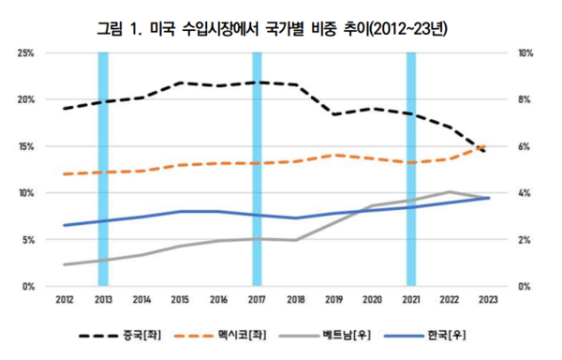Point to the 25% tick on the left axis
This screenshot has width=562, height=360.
(x=27, y=52)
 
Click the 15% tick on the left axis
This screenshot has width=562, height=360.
(x=27, y=146)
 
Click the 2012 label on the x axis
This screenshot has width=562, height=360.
(x=65, y=300)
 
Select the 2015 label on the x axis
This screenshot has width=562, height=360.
(x=180, y=300)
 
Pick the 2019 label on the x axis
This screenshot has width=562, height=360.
(x=333, y=300)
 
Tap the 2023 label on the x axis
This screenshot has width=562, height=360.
(x=486, y=300)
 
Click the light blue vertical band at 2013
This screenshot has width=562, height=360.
(x=103, y=169)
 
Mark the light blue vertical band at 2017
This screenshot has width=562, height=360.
(x=257, y=169)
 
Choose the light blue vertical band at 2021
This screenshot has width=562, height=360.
(x=409, y=169)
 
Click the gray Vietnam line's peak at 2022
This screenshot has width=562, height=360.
(x=449, y=192)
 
